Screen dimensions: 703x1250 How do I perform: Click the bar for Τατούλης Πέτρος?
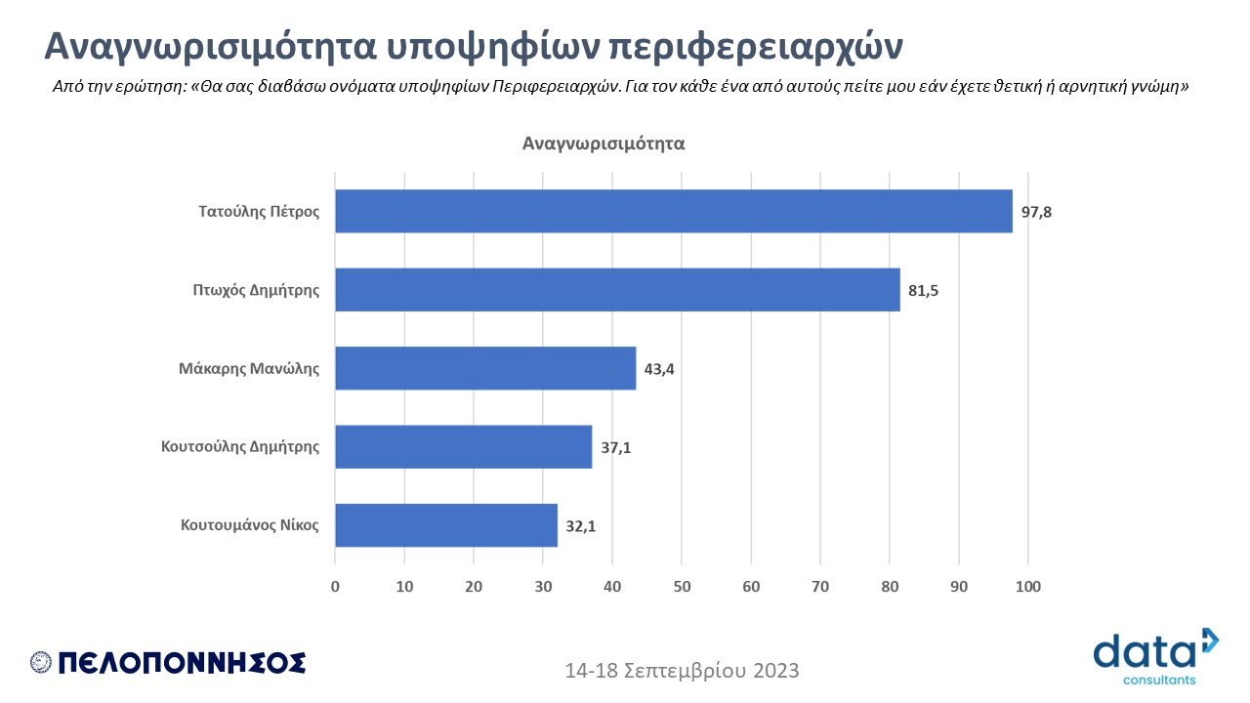pos(674,211)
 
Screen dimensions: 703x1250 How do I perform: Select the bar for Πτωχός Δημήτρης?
pos(617,290)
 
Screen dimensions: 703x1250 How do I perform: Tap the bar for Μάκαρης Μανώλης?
pos(485,368)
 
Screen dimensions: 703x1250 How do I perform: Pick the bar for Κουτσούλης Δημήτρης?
pos(463,447)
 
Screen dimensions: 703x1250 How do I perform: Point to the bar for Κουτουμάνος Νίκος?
pos(446,525)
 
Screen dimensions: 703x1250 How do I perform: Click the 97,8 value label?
pos(1038,212)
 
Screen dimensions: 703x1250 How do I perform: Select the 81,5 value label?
pos(924,291)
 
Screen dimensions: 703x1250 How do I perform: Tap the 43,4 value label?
pos(659,369)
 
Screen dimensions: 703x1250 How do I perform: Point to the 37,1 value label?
pos(615,448)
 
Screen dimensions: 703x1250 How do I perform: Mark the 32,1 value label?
pos(581,526)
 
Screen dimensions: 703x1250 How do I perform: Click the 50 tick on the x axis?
pos(682,587)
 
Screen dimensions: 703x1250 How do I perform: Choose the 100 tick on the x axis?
pos(1028,587)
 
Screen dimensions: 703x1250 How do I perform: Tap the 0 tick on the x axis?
pos(335,587)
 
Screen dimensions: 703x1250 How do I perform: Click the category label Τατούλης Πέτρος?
pos(259,211)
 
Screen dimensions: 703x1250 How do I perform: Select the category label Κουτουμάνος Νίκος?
pos(250,525)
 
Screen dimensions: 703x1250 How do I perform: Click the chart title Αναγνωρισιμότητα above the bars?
pos(604,144)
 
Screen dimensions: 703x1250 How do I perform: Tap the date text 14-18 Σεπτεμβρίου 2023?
pos(682,671)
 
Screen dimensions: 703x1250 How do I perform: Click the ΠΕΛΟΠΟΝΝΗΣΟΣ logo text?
pos(182,663)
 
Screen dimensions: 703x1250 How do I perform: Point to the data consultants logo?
pos(1156,656)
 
